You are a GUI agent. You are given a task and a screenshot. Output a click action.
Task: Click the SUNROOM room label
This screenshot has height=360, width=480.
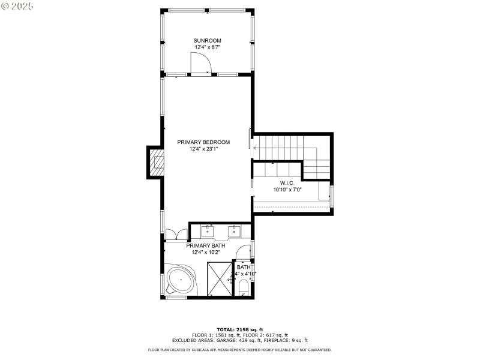coord(207,41)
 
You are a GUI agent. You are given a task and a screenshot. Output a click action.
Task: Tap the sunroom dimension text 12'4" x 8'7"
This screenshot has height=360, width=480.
coord(207,47)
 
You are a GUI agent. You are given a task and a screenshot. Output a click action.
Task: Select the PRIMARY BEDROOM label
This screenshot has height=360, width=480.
coord(203,142)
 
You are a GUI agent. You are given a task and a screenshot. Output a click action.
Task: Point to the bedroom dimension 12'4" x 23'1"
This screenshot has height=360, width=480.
coord(203,149)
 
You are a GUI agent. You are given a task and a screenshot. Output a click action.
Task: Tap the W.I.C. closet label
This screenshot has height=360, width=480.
coord(287,182)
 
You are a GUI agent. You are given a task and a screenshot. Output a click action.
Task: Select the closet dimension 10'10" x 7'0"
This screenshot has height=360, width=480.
coord(287,190)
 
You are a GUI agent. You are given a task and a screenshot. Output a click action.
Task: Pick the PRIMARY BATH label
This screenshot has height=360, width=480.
coord(206,245)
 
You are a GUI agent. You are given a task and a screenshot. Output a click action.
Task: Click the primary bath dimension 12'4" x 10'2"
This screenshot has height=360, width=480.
coord(206,253)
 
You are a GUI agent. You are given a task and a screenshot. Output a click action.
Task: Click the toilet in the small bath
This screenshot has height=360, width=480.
coord(243,290)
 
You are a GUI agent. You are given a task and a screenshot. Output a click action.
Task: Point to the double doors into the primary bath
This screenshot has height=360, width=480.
coord(176,233)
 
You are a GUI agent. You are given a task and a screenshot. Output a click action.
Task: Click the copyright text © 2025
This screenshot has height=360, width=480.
coord(17,5)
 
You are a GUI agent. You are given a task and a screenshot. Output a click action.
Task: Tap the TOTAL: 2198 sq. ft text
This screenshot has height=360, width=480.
coord(240,329)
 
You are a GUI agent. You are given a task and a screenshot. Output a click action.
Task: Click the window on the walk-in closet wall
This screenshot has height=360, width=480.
coord(332,196)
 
